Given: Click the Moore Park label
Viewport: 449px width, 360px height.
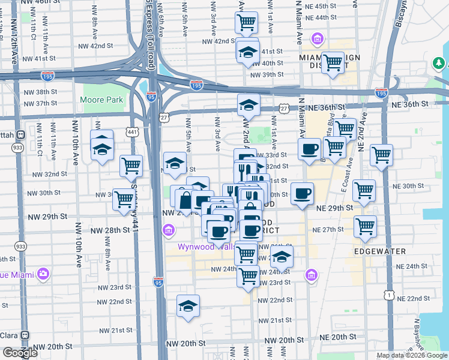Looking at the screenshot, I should (x=103, y=100).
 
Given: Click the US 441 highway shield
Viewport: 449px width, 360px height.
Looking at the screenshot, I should (x=133, y=131).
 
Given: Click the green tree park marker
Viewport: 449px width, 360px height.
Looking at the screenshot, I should (x=439, y=62).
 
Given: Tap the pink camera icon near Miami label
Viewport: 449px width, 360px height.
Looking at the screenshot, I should (x=43, y=274).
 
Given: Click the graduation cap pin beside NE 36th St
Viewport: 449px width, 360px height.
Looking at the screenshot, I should (x=248, y=106).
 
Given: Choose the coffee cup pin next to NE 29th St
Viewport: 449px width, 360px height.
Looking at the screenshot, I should (x=302, y=193).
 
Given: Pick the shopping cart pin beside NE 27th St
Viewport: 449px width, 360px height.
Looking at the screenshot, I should (x=365, y=227).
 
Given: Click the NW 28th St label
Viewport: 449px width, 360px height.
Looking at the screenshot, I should (x=110, y=230).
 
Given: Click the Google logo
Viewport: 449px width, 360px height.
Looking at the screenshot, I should (x=20, y=353).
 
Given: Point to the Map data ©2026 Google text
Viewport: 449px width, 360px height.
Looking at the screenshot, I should (x=412, y=355).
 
